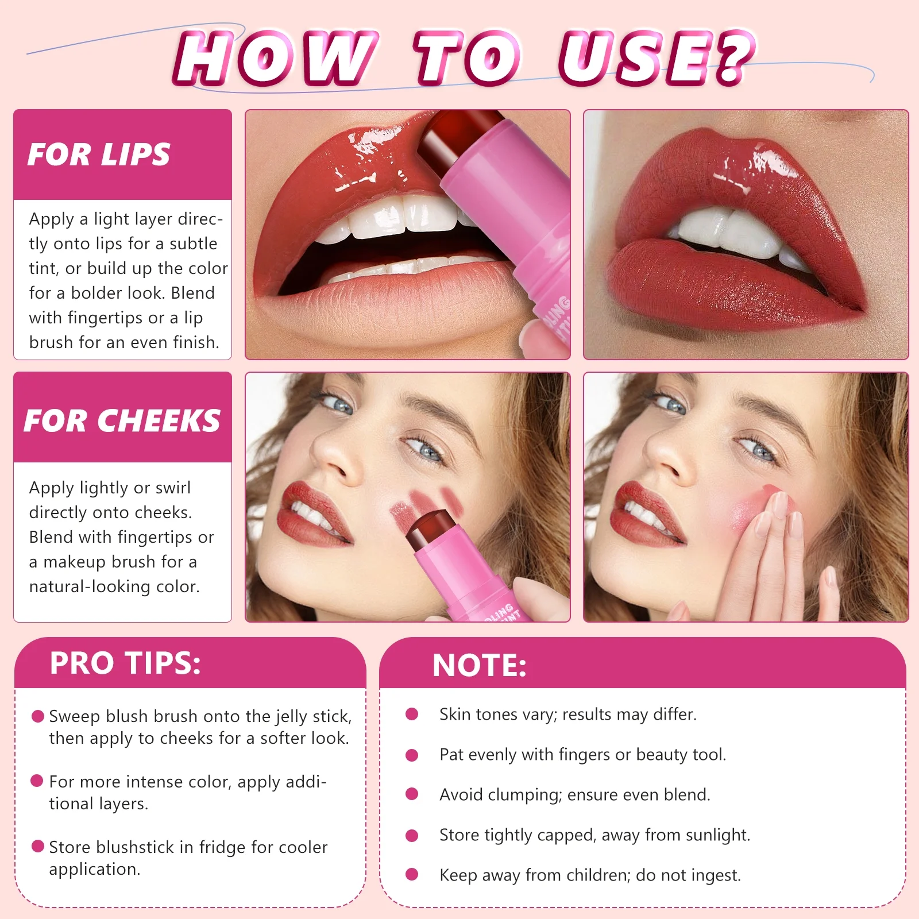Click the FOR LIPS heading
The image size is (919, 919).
click(x=99, y=155)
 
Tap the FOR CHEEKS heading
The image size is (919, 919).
click(x=122, y=420)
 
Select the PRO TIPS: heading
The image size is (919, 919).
click(x=125, y=663)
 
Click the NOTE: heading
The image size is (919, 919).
click(x=479, y=665)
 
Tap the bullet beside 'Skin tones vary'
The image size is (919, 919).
click(x=412, y=714)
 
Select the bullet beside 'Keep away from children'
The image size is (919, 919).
click(x=412, y=874)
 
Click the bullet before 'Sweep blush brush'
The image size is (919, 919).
click(x=38, y=716)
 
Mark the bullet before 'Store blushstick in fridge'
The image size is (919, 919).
click(x=38, y=846)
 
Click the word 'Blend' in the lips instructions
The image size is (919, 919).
click(x=192, y=293)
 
